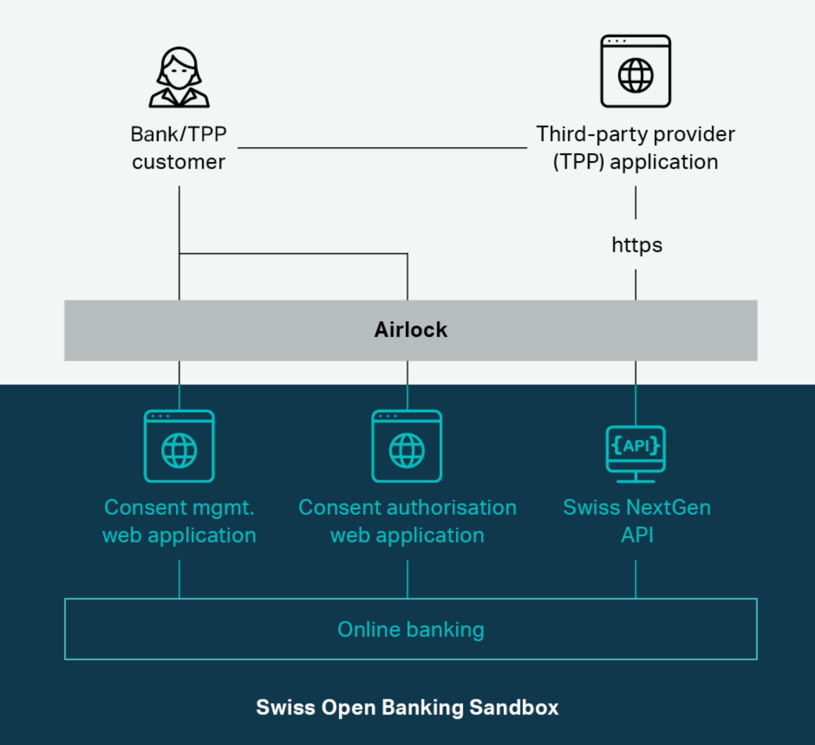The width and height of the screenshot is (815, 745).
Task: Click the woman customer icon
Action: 179,78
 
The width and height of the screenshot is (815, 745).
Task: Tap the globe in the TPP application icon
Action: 636,76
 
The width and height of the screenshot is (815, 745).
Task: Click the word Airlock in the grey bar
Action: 411,330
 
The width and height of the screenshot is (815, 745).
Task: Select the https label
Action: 636,245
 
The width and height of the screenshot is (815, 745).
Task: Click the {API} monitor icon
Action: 636,453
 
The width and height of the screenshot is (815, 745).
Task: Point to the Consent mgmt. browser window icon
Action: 179,446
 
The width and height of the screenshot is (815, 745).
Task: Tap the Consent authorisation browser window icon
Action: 407,446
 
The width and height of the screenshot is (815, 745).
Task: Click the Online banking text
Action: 411,629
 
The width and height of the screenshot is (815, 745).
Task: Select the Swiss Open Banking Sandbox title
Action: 407,707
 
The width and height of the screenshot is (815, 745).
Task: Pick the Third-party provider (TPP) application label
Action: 636,148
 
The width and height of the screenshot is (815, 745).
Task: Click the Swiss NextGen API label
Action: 636,521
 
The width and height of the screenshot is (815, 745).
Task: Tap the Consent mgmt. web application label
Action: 179,521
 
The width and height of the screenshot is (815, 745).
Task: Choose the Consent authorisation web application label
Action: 407,521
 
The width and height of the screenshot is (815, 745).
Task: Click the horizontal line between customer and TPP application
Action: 381,148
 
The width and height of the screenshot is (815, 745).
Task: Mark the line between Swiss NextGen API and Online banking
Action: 636,580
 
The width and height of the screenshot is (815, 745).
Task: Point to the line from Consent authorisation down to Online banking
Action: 407,580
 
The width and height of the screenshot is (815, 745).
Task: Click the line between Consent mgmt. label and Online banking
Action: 179,580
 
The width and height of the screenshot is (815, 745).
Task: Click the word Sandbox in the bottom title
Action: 514,707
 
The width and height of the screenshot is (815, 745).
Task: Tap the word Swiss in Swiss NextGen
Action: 591,508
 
